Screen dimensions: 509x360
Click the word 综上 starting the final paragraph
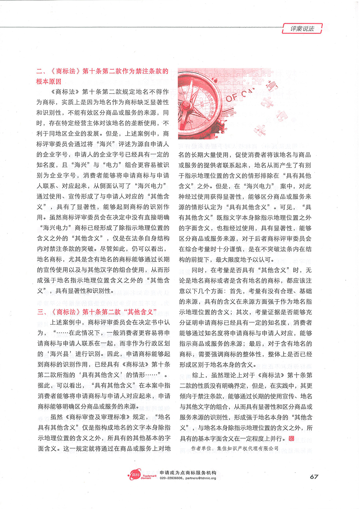pos(197,376)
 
